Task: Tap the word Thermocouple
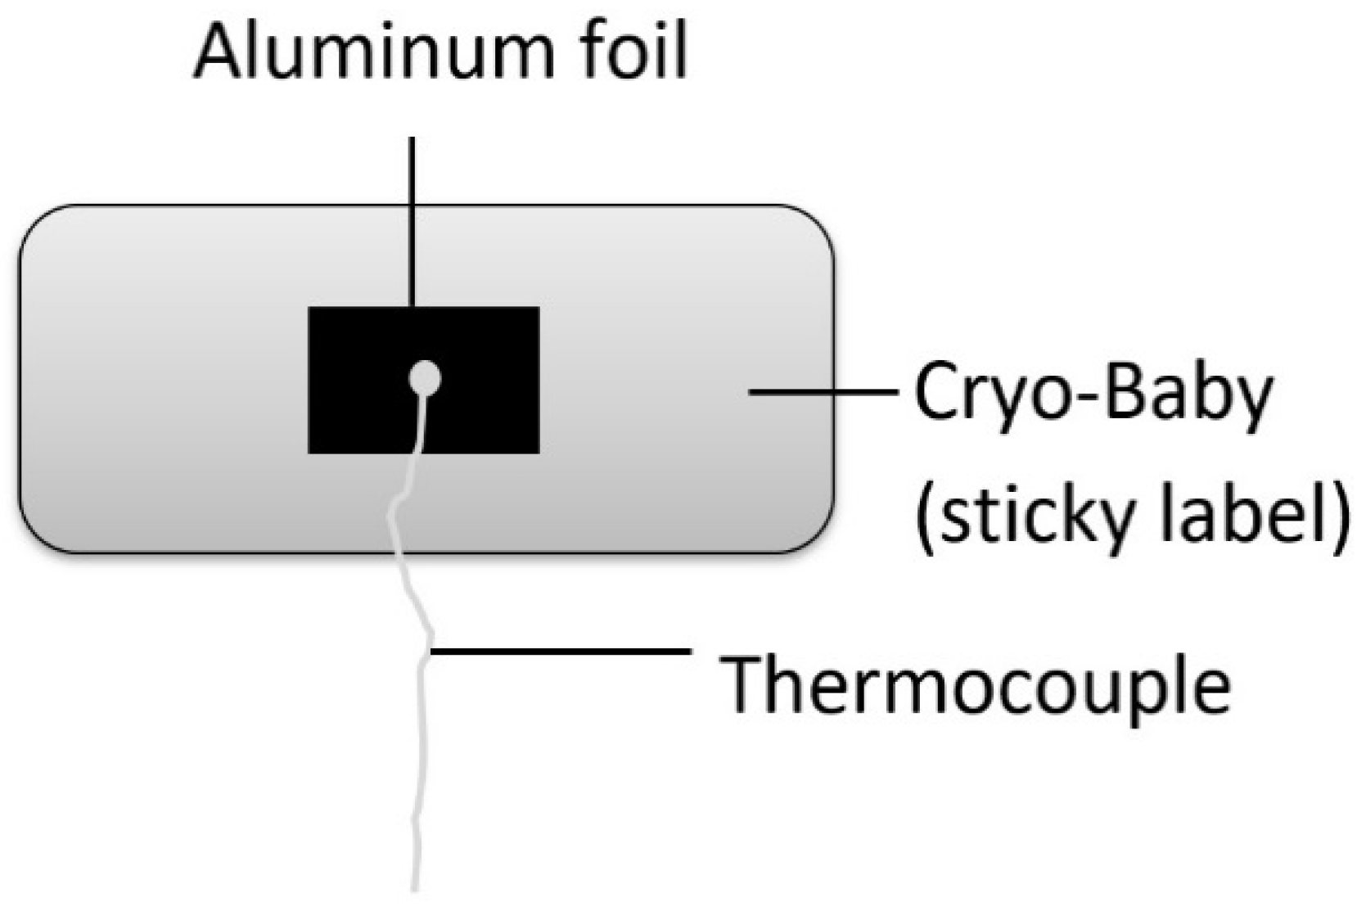coord(974,684)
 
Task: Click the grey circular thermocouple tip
coord(425,378)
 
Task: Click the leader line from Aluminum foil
coord(412,221)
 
